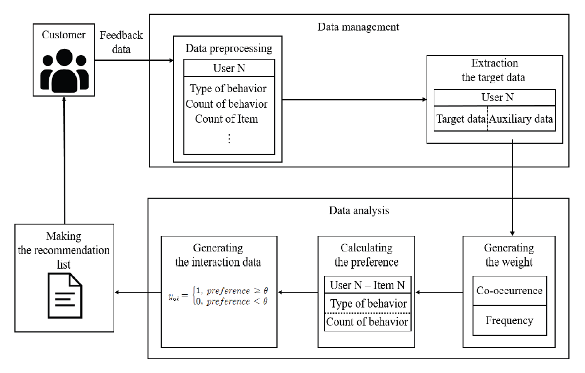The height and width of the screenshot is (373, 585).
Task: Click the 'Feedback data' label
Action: click(x=121, y=42)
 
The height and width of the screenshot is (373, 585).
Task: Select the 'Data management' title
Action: click(x=358, y=27)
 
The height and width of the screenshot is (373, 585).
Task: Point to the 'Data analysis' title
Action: click(x=358, y=211)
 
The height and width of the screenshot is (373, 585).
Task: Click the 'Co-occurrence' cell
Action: click(x=509, y=290)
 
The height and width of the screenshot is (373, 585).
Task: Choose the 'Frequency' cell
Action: click(x=509, y=320)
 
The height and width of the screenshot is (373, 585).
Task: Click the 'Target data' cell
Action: click(x=460, y=118)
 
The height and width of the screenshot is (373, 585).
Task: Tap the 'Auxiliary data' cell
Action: click(x=521, y=118)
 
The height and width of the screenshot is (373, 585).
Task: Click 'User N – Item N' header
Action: click(x=367, y=285)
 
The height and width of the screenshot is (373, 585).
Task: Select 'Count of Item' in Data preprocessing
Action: click(x=227, y=118)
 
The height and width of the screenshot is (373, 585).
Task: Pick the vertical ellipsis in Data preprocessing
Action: click(x=229, y=139)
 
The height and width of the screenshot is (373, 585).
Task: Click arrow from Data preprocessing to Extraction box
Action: click(x=355, y=100)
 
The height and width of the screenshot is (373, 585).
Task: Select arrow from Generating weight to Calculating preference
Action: click(x=439, y=292)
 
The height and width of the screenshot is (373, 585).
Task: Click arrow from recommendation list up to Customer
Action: click(x=65, y=161)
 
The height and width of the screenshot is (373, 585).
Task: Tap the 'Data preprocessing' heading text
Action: click(x=228, y=48)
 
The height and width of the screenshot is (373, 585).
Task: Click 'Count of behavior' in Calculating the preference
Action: click(x=367, y=321)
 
